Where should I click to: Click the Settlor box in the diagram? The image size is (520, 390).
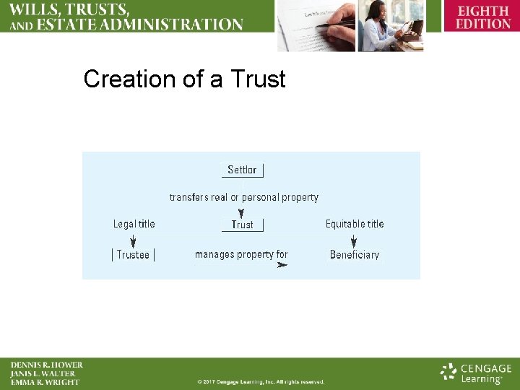pos(242,170)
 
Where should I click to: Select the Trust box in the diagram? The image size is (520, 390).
pos(242,225)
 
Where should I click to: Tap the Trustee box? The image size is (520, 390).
pos(133,255)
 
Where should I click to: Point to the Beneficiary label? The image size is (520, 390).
pos(354,255)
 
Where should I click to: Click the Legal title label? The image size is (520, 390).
pos(134,224)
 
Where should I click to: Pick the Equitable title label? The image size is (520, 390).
pos(355,224)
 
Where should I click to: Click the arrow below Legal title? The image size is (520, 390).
pos(132,239)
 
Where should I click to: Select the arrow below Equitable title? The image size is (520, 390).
pos(354,239)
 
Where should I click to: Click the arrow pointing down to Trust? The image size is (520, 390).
pos(241,212)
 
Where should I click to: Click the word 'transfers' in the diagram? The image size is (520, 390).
pos(189,197)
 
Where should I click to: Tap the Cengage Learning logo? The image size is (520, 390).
pos(476,373)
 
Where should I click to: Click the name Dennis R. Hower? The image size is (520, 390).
pos(46,365)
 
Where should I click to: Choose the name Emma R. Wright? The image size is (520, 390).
pos(45,382)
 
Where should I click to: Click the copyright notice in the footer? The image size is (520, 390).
pos(261,381)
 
